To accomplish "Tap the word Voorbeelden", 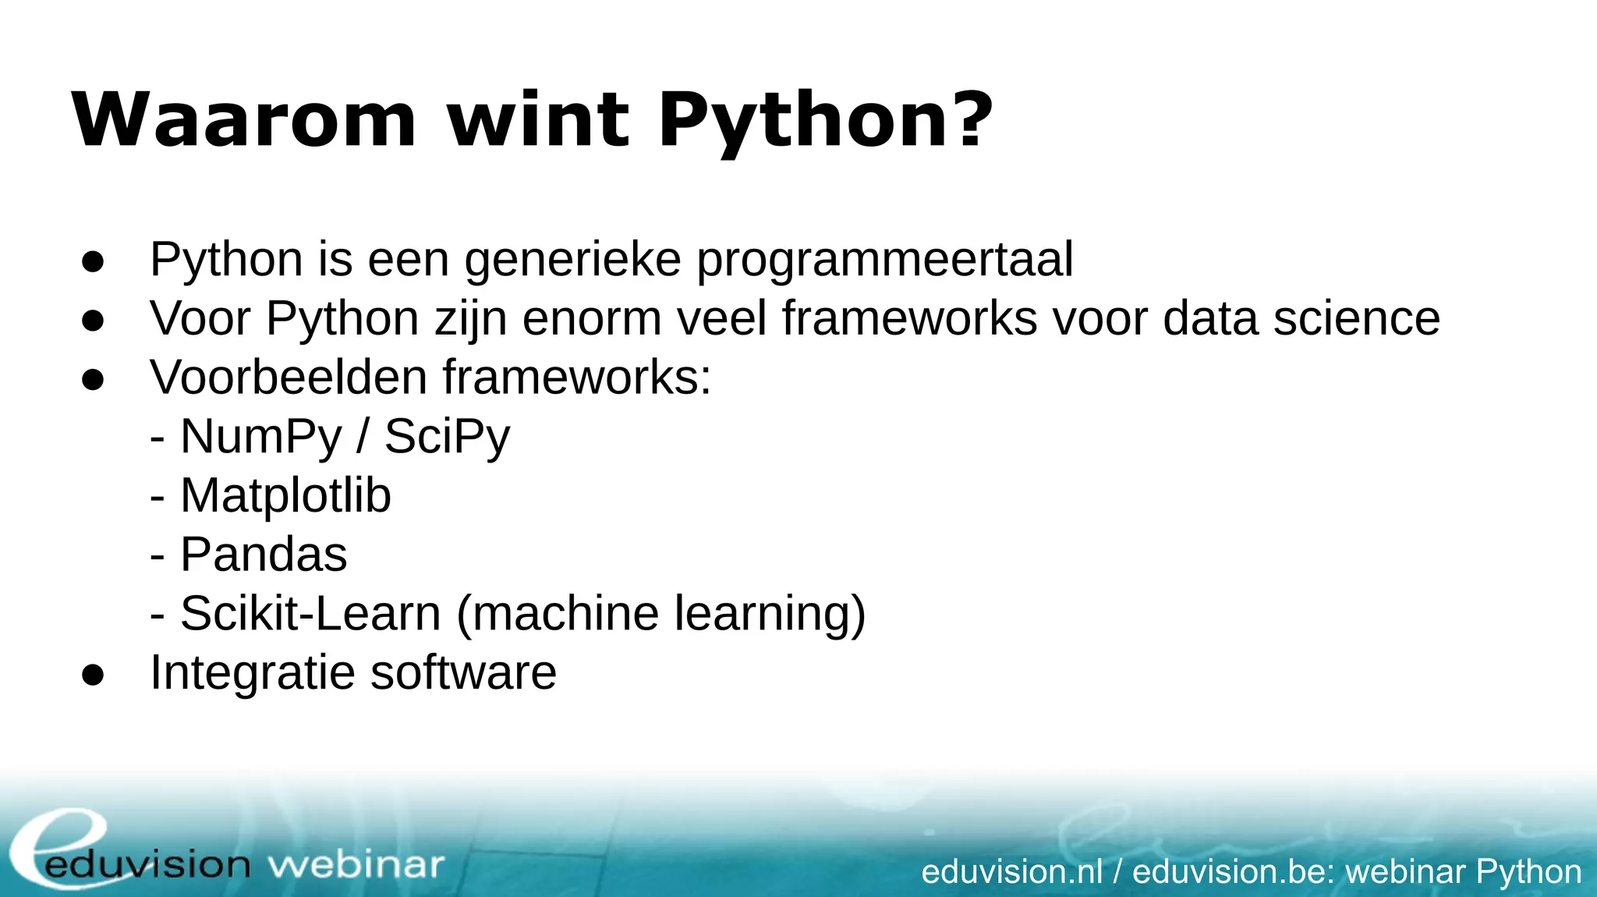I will (289, 378).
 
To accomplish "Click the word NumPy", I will (261, 438).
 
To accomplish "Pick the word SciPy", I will (447, 438).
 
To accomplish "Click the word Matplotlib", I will (285, 496).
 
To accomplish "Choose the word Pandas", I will (264, 555).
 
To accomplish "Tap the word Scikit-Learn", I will (310, 614).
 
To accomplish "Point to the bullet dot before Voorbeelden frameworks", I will (93, 380).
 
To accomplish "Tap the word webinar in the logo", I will (356, 864).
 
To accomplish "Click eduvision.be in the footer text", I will (1233, 871).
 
